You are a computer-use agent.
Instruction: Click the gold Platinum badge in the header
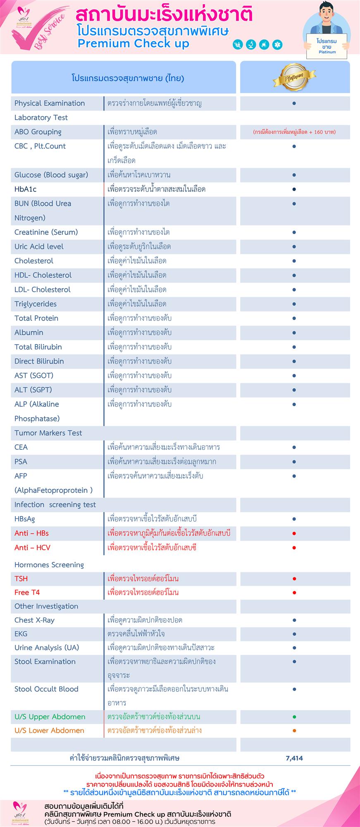click(x=294, y=77)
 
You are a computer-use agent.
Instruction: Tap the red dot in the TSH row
click(x=294, y=578)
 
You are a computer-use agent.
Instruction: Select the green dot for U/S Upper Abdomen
click(x=294, y=717)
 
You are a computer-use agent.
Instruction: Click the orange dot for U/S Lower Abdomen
click(x=294, y=730)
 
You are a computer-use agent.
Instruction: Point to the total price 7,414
click(x=294, y=758)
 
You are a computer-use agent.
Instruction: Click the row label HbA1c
click(x=26, y=189)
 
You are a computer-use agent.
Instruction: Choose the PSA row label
click(x=21, y=461)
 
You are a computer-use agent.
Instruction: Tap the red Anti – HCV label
click(x=32, y=547)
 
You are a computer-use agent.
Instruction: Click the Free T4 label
click(x=27, y=592)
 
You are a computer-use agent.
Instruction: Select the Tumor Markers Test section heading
click(x=48, y=433)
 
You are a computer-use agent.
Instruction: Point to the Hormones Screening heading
click(x=49, y=564)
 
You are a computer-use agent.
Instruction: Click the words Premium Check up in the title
click(x=133, y=44)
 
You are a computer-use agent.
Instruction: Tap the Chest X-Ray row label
click(x=34, y=620)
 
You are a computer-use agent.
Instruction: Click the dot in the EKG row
click(x=294, y=633)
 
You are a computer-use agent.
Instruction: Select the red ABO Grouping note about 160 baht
click(x=294, y=132)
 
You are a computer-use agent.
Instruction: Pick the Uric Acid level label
click(x=39, y=246)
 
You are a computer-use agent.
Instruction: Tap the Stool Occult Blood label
click(x=46, y=689)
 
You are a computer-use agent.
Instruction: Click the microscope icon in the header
click(x=250, y=44)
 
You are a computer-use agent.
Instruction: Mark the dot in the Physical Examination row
click(x=294, y=103)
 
